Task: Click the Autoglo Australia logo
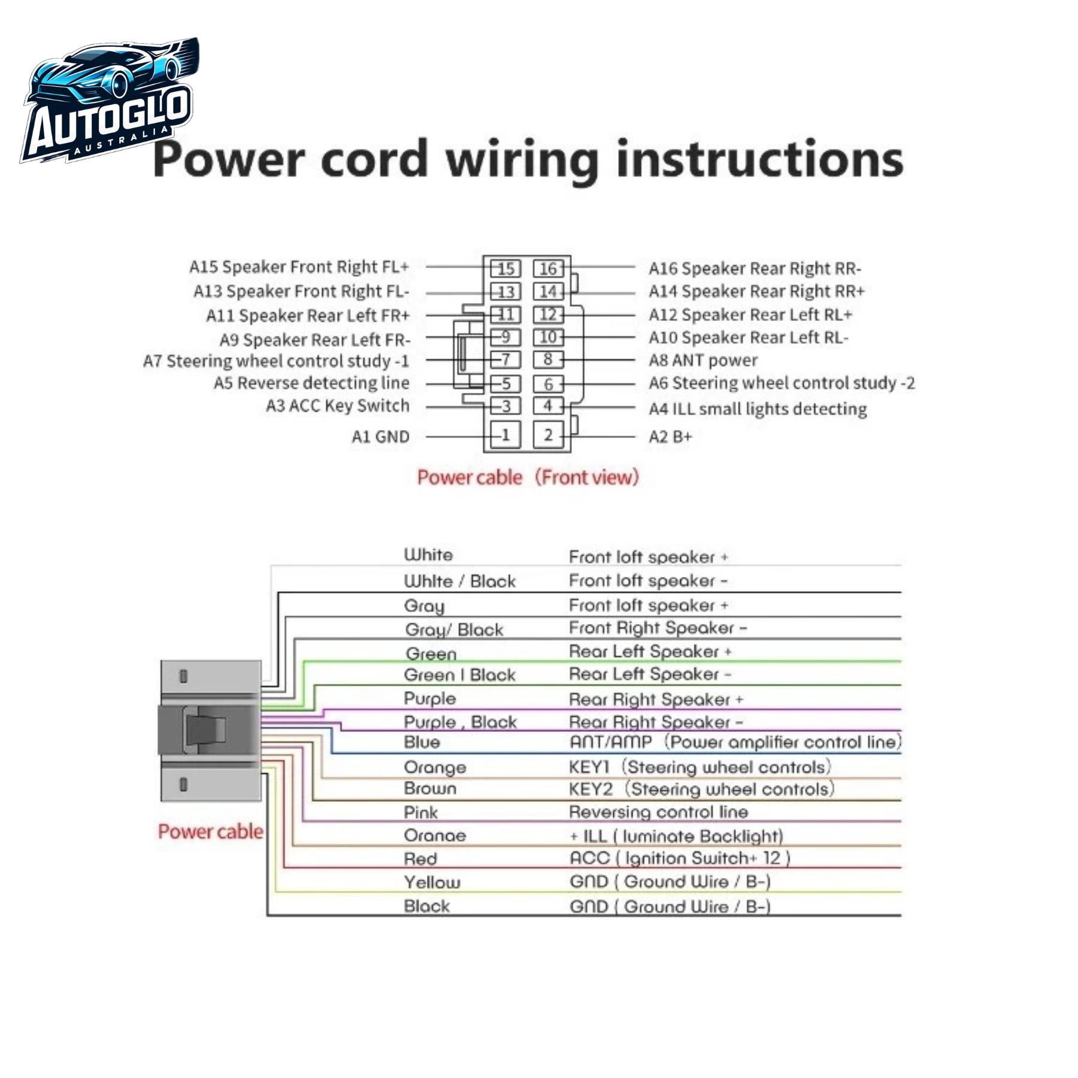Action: (x=110, y=101)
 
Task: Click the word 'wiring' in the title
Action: (x=522, y=161)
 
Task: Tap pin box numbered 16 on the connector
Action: (x=548, y=269)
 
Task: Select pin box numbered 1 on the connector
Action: (x=505, y=435)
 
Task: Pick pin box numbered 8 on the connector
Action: (x=548, y=359)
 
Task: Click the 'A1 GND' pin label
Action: (x=380, y=437)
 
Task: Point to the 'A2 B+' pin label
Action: (x=671, y=437)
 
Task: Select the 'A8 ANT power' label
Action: (x=703, y=360)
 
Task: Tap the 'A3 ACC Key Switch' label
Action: (x=338, y=406)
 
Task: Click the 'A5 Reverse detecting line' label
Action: (x=312, y=383)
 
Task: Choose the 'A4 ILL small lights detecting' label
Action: (x=758, y=409)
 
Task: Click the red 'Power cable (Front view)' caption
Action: (x=528, y=477)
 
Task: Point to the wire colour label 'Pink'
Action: (x=420, y=812)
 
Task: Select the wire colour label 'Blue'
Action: (x=422, y=742)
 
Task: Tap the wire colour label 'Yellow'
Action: (x=432, y=882)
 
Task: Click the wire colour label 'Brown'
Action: (x=430, y=788)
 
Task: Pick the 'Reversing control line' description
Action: (x=659, y=812)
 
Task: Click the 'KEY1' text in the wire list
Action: (x=589, y=767)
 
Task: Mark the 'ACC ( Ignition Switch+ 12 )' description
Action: (x=680, y=858)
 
